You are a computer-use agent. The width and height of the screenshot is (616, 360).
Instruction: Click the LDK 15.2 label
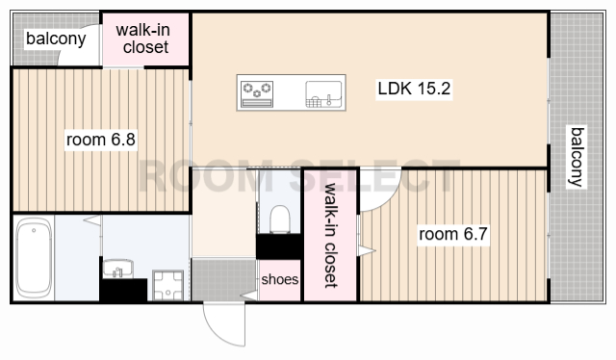[x=414, y=89]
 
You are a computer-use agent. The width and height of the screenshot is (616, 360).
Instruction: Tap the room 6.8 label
[x=100, y=140]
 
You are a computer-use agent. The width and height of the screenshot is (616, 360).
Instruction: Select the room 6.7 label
[x=453, y=234]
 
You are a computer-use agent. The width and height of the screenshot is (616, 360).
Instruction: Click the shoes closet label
[x=280, y=279]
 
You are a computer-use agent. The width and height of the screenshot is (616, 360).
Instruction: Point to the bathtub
[x=34, y=258]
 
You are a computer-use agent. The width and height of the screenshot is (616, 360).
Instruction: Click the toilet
[x=280, y=219]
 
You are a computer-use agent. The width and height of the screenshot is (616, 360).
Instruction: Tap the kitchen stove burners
[x=257, y=93]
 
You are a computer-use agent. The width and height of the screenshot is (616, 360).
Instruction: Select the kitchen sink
[x=323, y=94]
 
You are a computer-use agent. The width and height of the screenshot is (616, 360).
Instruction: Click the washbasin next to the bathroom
[x=117, y=269]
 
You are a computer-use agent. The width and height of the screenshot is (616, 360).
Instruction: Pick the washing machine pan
[x=167, y=285]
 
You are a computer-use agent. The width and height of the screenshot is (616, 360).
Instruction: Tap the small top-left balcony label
[x=56, y=39]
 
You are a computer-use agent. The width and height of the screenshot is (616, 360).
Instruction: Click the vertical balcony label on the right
[x=577, y=157]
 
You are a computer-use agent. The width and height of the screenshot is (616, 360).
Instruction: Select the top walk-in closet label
[x=143, y=39]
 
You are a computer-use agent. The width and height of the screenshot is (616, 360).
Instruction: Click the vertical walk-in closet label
[x=331, y=235]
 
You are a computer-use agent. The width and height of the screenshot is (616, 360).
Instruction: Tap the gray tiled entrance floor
[x=223, y=280]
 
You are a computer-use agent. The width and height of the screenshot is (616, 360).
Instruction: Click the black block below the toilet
[x=278, y=246]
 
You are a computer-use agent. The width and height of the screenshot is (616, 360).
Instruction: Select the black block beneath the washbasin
[x=123, y=290]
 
